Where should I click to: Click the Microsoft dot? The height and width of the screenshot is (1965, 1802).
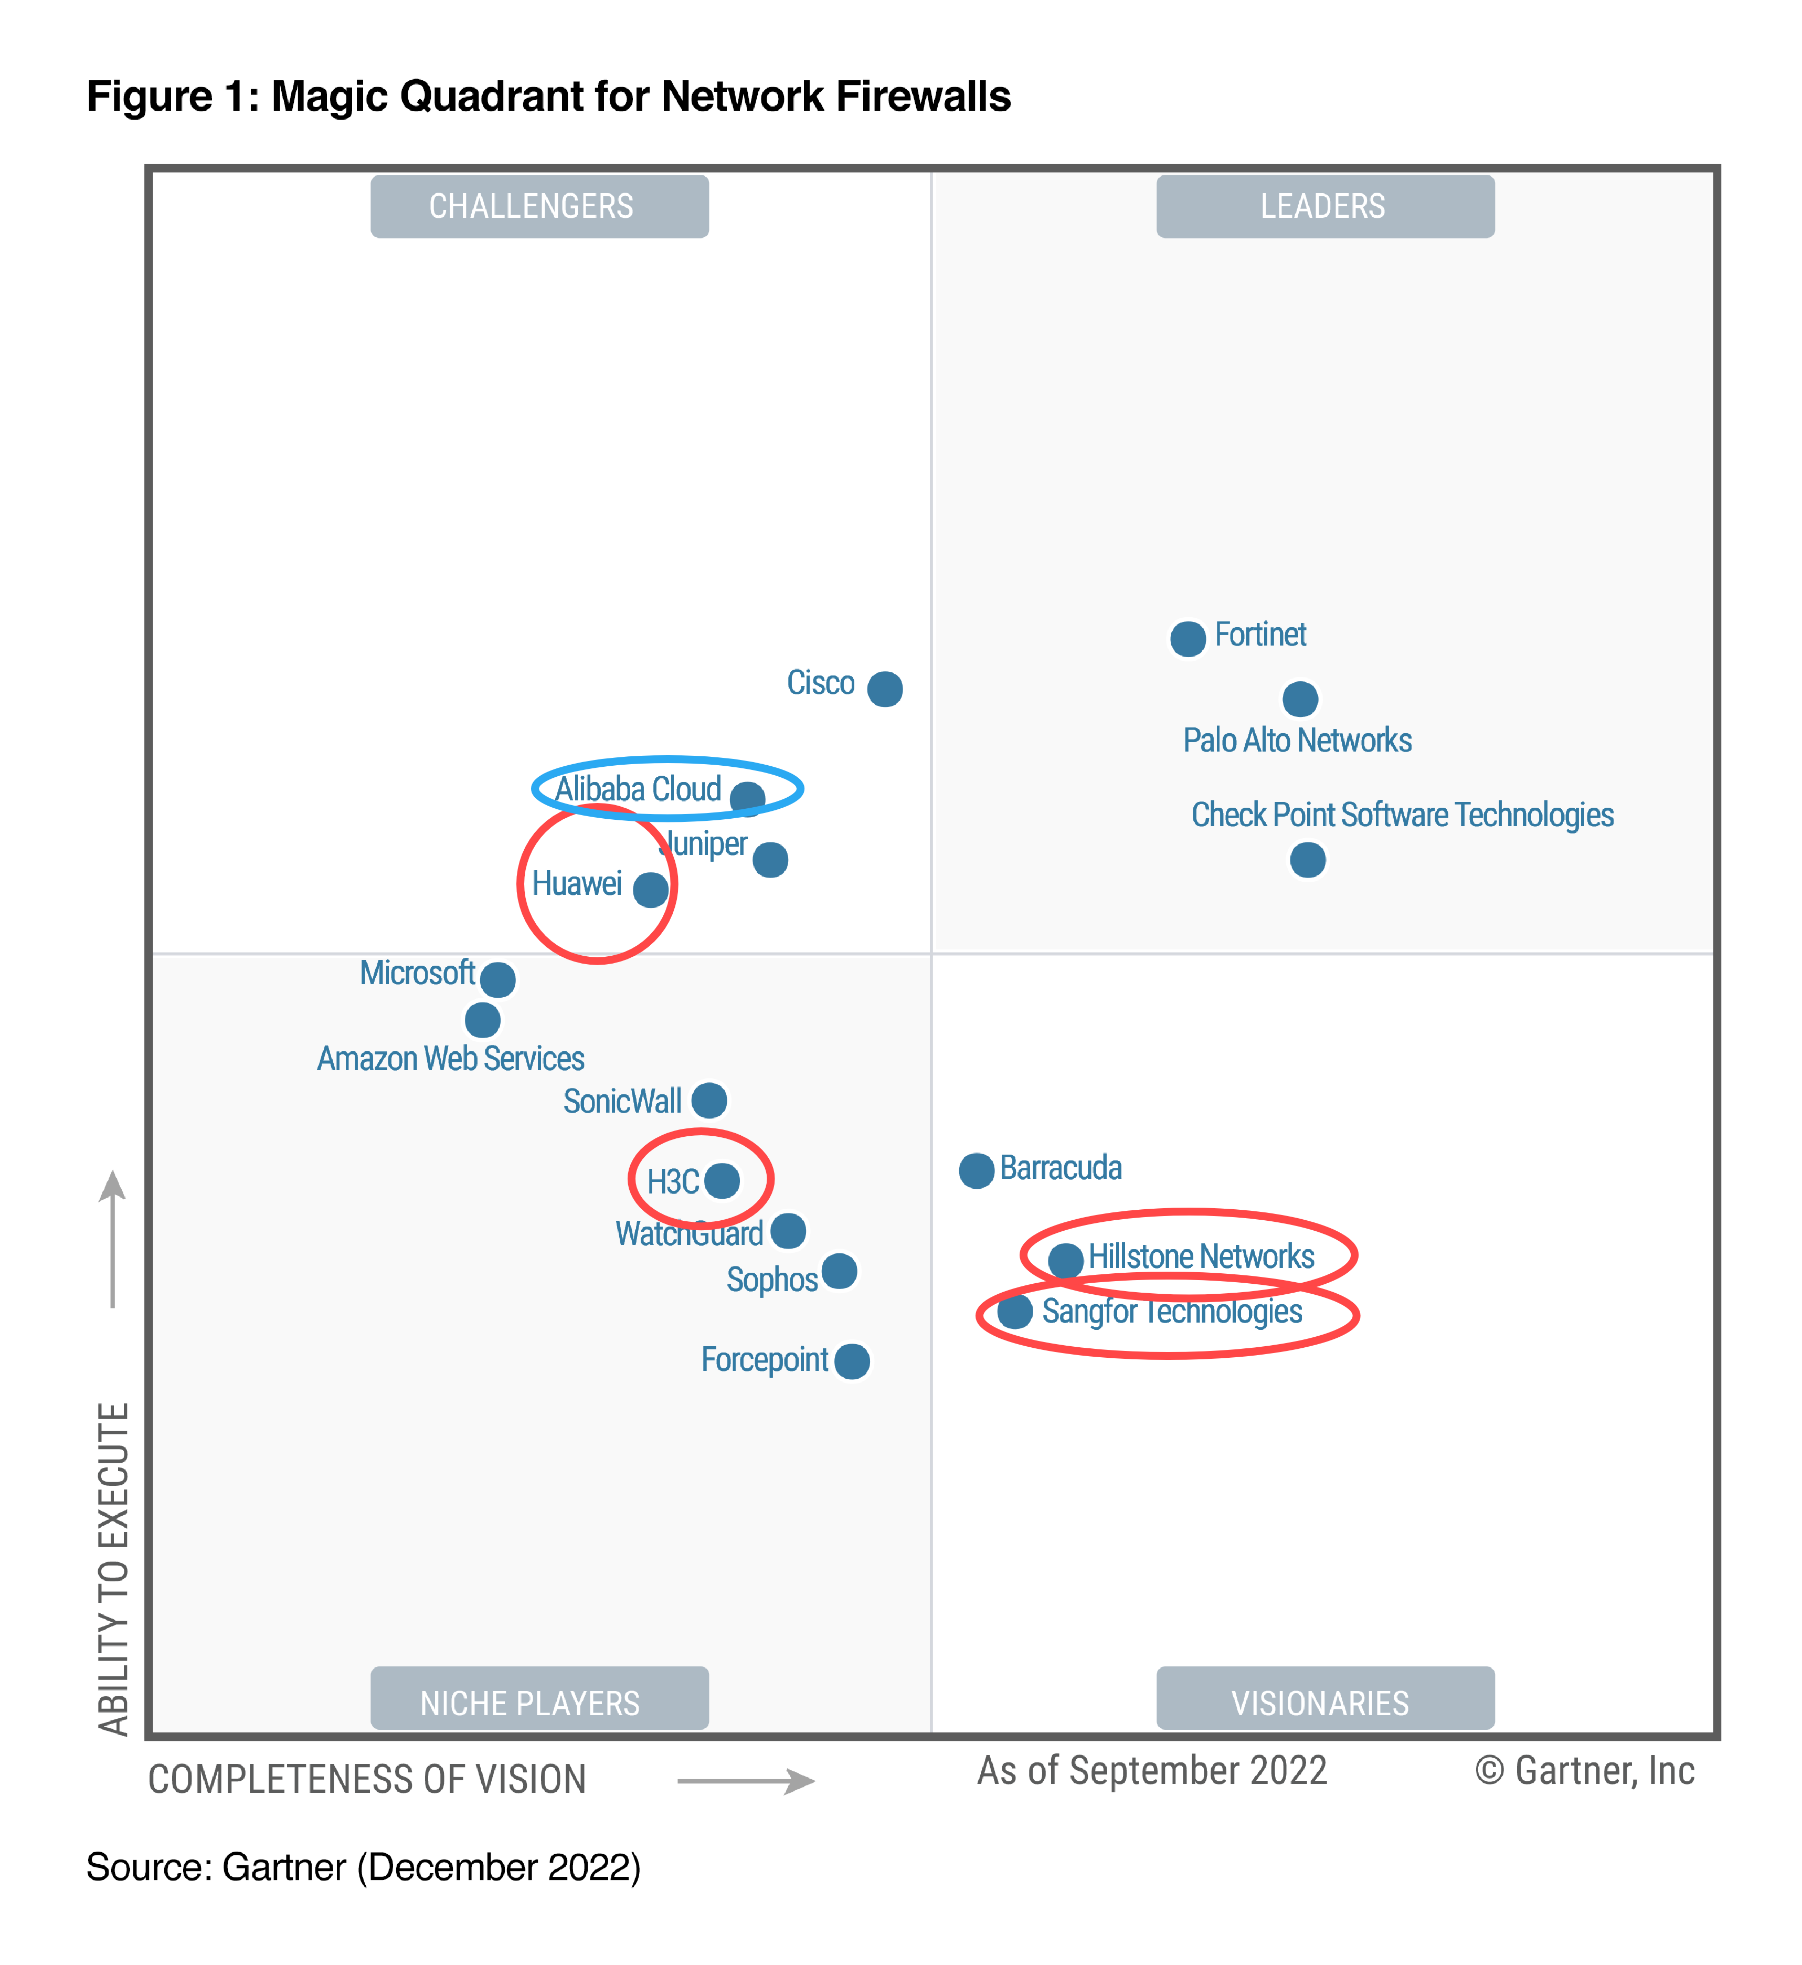click(x=497, y=979)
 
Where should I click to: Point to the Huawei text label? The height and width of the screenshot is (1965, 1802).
click(x=576, y=883)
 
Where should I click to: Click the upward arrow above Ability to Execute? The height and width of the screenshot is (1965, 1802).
click(x=113, y=1239)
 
